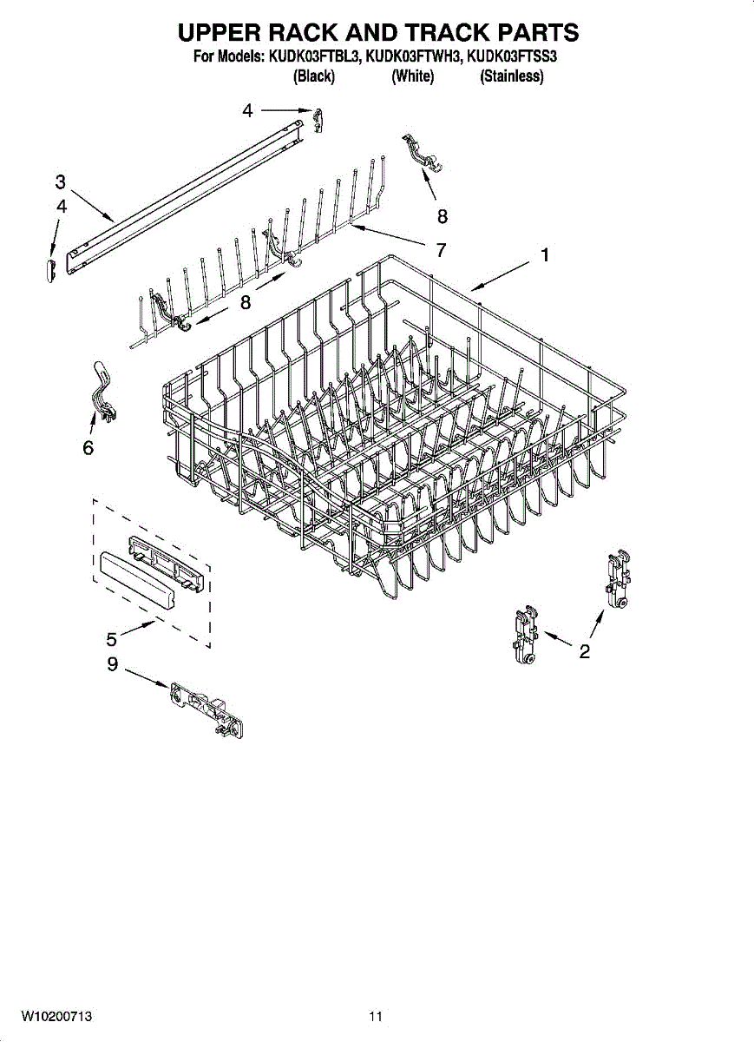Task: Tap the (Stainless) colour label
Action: pyautogui.click(x=511, y=76)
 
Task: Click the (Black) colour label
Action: pyautogui.click(x=314, y=76)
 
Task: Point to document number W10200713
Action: pyautogui.click(x=57, y=1016)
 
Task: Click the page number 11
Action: pyautogui.click(x=376, y=1016)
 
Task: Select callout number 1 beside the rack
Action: pyautogui.click(x=544, y=255)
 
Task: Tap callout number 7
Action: pyautogui.click(x=441, y=250)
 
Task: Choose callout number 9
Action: pyautogui.click(x=112, y=670)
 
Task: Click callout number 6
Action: pyautogui.click(x=88, y=448)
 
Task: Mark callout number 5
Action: pyautogui.click(x=111, y=640)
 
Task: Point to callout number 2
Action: pyautogui.click(x=585, y=651)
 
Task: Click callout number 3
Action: pyautogui.click(x=60, y=182)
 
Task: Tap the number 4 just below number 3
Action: pyautogui.click(x=60, y=206)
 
